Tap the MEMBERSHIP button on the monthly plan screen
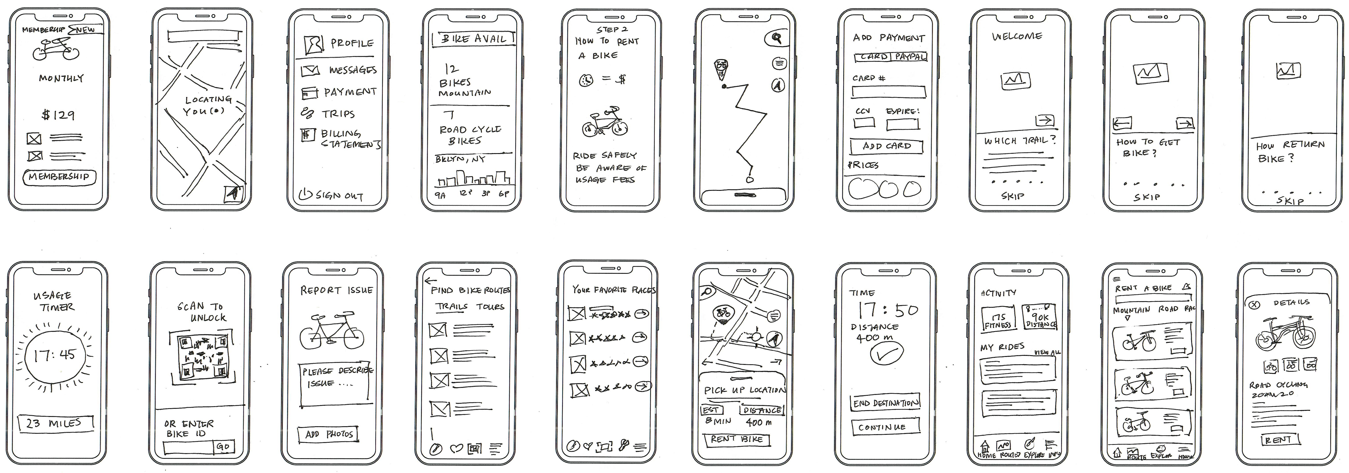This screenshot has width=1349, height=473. [x=59, y=177]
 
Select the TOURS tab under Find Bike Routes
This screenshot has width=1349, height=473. [x=490, y=307]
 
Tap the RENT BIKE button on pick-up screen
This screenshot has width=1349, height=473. [x=736, y=439]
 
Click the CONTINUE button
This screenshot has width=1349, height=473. [x=885, y=427]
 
